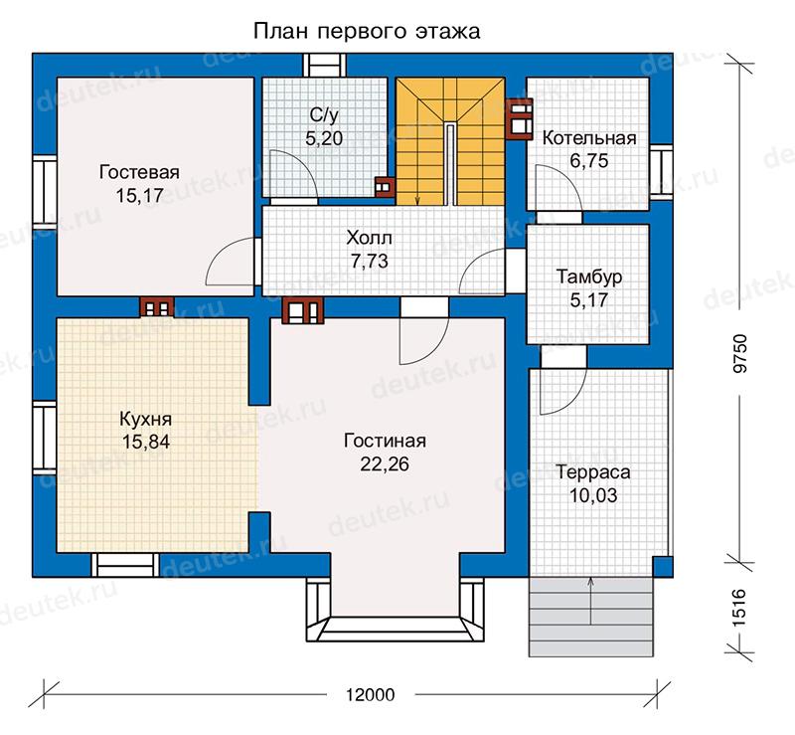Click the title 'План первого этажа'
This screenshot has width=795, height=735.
(x=366, y=32)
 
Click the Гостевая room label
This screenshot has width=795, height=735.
(x=139, y=172)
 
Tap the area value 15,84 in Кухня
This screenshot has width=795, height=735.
(x=146, y=443)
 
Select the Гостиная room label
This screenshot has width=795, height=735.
(x=385, y=441)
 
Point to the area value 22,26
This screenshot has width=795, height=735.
(x=385, y=463)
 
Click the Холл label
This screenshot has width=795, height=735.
(x=369, y=238)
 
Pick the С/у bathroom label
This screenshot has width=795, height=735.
(x=324, y=115)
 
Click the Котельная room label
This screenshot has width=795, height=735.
(x=589, y=138)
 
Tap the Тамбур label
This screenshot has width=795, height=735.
(x=589, y=276)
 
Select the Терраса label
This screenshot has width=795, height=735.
(x=593, y=472)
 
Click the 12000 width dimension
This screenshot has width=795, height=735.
(x=370, y=694)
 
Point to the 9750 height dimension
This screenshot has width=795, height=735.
(x=740, y=353)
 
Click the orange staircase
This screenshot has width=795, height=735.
(x=450, y=141)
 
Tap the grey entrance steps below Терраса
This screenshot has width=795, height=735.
(x=590, y=617)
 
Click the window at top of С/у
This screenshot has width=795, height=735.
(x=325, y=66)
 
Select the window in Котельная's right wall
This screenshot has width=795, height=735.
(x=662, y=172)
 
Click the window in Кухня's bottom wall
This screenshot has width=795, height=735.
(x=125, y=565)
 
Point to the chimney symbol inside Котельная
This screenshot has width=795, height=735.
(x=519, y=118)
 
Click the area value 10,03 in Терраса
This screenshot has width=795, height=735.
(x=593, y=495)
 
